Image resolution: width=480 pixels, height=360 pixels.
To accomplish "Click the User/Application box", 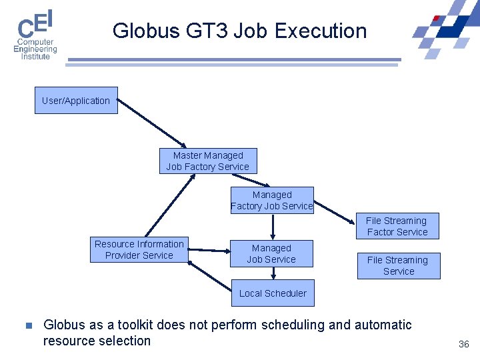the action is point(76,101).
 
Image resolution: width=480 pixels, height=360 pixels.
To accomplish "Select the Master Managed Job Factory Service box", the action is point(208,161).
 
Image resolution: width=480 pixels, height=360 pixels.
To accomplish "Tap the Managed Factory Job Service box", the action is point(271,201).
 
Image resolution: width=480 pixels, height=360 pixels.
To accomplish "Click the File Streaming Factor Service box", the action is point(397,227).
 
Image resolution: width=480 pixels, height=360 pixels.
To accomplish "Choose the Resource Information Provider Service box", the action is point(139,250).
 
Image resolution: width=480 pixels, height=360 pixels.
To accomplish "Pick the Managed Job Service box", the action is point(271,254).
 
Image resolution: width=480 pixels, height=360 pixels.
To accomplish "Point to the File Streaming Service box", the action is point(398,266).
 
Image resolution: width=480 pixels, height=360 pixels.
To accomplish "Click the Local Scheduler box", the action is point(273,293).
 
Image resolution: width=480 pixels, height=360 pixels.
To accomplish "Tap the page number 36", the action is point(464,344).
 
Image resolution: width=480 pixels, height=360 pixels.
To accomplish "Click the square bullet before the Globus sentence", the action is point(28,326).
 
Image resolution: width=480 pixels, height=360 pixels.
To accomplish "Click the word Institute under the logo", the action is point(35,57).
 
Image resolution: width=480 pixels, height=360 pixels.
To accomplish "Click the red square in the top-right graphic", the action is point(436,19).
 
